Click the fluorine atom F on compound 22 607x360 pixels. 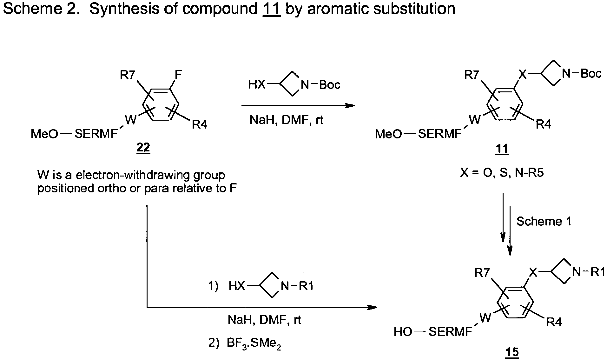178,75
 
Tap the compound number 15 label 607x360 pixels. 513,352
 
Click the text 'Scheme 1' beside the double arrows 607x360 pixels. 544,221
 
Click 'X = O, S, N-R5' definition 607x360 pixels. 502,173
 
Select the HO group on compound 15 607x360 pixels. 403,332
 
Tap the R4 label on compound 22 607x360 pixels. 200,125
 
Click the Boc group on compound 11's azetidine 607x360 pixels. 591,74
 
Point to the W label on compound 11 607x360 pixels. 475,120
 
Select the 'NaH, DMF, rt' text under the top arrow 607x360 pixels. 287,120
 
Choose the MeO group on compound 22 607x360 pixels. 44,134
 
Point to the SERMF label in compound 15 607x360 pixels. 450,332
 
